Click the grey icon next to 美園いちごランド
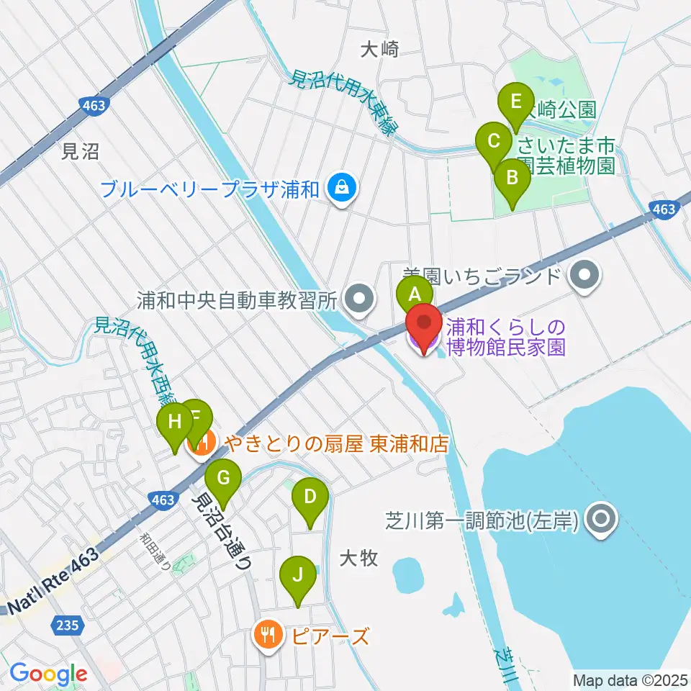pos(584,276)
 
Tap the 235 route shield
pos(70,626)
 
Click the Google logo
pos(48,674)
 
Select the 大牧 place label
pos(358,558)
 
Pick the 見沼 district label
pos(80,151)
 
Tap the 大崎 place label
pos(379,49)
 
